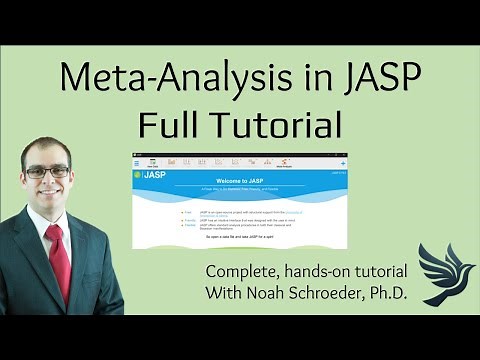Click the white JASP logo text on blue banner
tap(155, 176)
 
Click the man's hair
tap(45, 144)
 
